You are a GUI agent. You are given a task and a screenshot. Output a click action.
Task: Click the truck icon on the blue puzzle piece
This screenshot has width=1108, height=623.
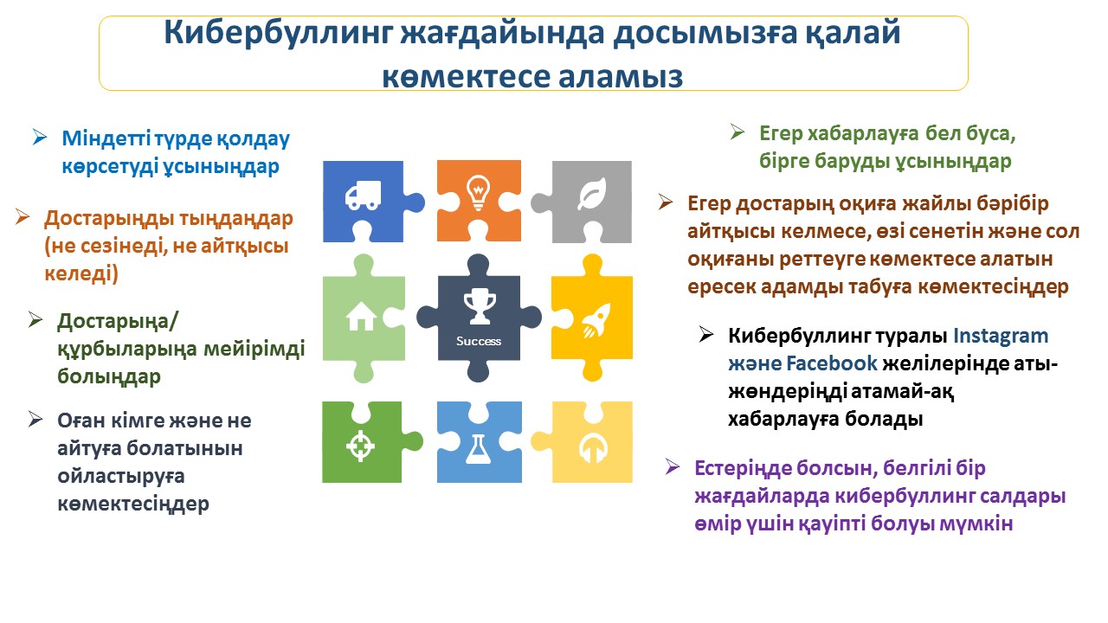(363, 196)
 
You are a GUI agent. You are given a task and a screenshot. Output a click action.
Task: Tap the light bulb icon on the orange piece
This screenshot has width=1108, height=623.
(479, 193)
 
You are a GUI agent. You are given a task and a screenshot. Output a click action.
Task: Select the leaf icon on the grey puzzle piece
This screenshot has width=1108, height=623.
(592, 193)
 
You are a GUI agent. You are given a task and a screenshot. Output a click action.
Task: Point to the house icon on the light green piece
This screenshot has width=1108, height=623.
(361, 316)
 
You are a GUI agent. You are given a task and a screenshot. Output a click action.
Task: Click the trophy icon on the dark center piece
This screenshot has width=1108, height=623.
(480, 306)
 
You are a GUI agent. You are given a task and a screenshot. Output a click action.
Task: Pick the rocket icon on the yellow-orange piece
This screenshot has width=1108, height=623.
(596, 321)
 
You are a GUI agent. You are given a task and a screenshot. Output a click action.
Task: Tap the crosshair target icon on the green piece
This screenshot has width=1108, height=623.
(360, 446)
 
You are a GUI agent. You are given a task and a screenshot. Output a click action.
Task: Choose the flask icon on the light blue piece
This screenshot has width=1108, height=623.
(479, 449)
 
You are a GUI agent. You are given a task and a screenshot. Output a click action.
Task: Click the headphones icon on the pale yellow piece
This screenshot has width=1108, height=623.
(593, 448)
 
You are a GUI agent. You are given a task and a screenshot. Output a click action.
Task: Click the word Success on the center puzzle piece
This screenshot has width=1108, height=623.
(479, 341)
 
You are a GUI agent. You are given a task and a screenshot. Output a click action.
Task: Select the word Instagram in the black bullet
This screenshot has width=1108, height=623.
(1001, 337)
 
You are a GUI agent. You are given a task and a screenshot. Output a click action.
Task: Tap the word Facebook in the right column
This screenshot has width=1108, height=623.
(832, 363)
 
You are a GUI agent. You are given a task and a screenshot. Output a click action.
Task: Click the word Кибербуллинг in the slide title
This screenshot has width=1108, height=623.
(278, 33)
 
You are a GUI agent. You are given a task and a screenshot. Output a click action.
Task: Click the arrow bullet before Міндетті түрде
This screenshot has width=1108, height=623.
(40, 137)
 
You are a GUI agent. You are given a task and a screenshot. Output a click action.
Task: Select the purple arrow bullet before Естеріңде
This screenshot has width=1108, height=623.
(673, 466)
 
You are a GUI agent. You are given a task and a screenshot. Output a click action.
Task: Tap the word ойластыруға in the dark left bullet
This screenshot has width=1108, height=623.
(121, 477)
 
